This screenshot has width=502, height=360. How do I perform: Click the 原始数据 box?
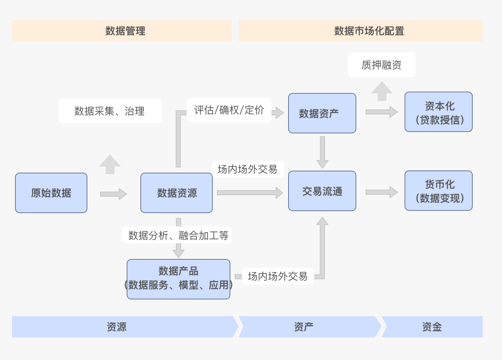point(51,193)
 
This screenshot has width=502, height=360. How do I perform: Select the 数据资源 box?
point(177,193)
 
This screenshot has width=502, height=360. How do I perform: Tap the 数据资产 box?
point(322,113)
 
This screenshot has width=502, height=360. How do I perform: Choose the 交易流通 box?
point(322,191)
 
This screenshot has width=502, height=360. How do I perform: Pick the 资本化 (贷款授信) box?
point(438,112)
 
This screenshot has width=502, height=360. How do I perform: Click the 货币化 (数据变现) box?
point(438,191)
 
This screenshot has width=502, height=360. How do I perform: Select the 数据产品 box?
point(178,279)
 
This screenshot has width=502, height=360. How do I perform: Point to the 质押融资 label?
point(382,65)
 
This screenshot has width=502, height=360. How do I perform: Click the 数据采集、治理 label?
point(110,111)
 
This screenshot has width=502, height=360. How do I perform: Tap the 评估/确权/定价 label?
point(229,110)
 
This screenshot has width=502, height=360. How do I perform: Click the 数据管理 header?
point(122,31)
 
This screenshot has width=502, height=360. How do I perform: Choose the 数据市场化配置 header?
point(361,31)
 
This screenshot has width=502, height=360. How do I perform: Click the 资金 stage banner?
point(432,327)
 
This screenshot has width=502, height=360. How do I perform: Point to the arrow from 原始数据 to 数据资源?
point(113,194)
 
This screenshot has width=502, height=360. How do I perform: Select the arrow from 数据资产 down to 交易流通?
point(322,152)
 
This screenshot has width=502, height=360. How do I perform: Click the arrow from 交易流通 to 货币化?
point(381,192)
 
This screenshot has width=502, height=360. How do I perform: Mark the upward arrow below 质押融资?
point(382,91)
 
